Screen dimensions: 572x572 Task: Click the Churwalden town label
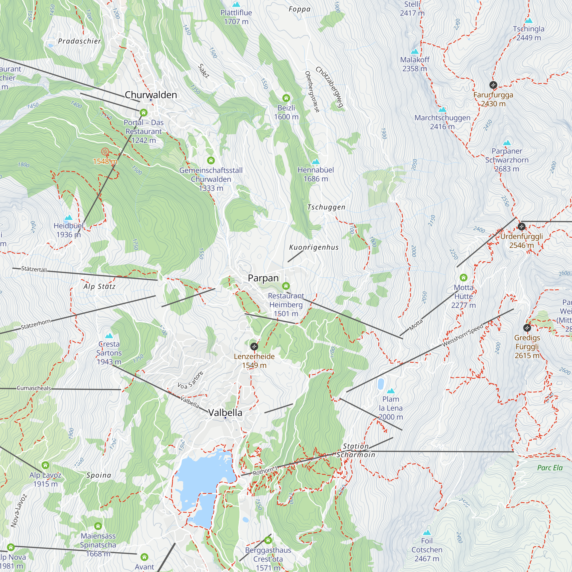click(x=151, y=95)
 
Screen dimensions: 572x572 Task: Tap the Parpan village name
click(x=263, y=278)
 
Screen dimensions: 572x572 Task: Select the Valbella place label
click(x=225, y=412)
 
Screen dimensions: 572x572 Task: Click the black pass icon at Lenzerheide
click(x=254, y=346)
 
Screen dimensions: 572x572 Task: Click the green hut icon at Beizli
click(x=286, y=98)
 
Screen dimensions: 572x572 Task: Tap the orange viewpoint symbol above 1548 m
click(x=105, y=152)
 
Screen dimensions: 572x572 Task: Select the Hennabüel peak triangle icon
click(x=316, y=162)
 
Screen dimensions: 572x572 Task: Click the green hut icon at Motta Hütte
click(x=463, y=278)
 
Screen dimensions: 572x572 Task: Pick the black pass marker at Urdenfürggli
click(x=521, y=227)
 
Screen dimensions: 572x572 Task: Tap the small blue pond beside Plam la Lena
click(x=381, y=384)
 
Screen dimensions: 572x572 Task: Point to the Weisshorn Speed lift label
click(x=462, y=335)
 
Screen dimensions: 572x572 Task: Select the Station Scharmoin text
click(x=355, y=450)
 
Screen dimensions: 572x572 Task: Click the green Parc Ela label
click(x=549, y=468)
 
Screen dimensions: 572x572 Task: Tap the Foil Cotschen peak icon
click(x=427, y=533)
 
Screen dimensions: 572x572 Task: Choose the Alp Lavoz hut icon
click(x=45, y=465)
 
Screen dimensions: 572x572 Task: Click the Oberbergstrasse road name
click(x=312, y=92)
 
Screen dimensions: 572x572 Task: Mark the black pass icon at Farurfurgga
click(x=493, y=85)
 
